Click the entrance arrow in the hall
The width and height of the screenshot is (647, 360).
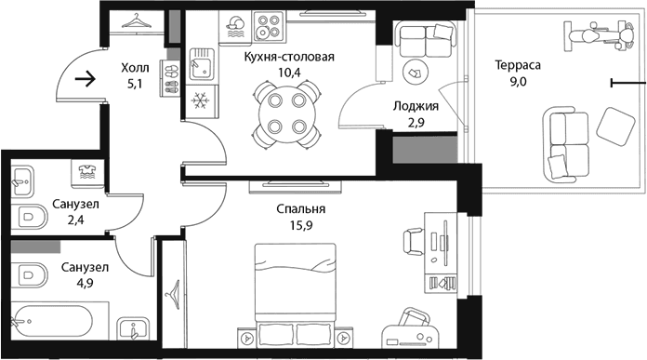(86, 78)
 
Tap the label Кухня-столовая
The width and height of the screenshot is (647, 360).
(289, 57)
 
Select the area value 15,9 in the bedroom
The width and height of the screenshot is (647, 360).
(301, 225)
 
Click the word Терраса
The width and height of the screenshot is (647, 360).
(518, 65)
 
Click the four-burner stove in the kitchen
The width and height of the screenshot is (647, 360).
(268, 26)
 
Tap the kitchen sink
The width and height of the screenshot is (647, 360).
(202, 63)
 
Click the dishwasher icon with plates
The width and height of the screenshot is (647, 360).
(235, 27)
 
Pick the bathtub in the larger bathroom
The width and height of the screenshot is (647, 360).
(51, 321)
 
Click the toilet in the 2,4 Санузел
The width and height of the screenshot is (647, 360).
(30, 217)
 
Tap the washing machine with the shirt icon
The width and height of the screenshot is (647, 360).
(87, 173)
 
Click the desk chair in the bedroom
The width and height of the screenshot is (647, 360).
(414, 242)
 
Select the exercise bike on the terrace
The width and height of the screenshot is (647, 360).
(600, 34)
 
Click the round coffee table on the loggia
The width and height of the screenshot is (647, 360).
(415, 73)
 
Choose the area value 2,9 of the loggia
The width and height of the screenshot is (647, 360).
(416, 123)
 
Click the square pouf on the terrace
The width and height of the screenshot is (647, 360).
(615, 126)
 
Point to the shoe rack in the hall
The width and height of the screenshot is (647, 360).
(170, 78)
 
